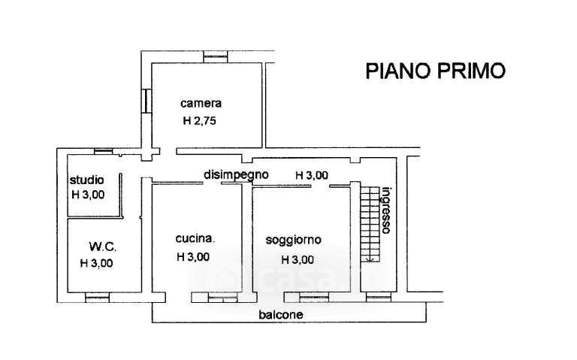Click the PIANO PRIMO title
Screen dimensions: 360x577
click(435, 71)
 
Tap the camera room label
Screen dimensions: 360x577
click(201, 104)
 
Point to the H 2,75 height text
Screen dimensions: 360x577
click(199, 121)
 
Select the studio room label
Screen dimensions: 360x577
click(87, 180)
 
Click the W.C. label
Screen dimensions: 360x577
click(102, 247)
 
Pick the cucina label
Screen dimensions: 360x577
click(195, 239)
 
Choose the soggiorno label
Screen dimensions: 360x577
click(294, 240)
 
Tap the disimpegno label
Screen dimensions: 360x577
click(236, 174)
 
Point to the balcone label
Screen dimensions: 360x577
click(281, 315)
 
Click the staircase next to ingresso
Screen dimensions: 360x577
click(369, 222)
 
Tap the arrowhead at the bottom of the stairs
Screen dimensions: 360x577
click(369, 259)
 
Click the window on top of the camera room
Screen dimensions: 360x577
click(216, 56)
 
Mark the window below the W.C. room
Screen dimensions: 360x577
click(98, 298)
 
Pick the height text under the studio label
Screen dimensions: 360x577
click(87, 195)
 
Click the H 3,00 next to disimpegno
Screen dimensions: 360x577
click(312, 175)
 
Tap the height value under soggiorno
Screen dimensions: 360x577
click(297, 260)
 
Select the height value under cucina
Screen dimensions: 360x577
click(192, 256)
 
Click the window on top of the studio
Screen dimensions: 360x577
click(104, 151)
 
